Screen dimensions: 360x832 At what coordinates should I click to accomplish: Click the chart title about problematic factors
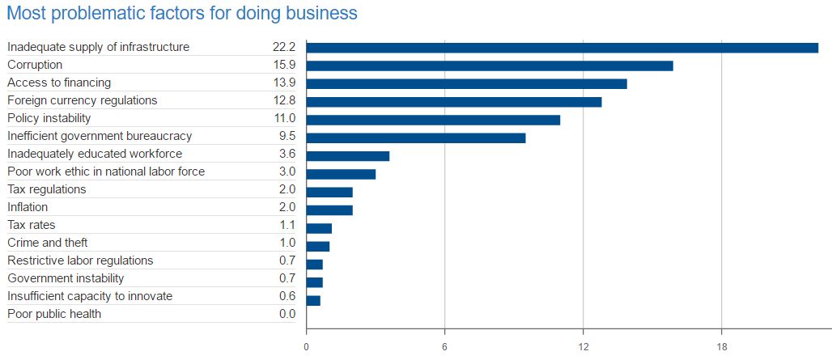click(182, 14)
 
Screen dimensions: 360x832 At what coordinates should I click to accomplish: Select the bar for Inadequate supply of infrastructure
click(562, 48)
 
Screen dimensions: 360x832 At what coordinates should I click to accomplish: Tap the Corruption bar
click(489, 66)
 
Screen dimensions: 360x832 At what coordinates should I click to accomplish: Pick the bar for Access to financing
click(466, 83)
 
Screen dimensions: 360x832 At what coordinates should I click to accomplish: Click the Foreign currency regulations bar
click(453, 101)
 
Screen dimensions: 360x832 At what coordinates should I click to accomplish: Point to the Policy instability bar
click(433, 120)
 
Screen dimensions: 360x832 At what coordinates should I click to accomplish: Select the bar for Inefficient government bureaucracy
click(415, 138)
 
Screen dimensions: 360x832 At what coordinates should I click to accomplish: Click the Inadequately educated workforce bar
click(347, 155)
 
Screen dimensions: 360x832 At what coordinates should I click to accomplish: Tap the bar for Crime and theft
click(317, 246)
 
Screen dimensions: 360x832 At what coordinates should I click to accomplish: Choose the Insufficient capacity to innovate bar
click(313, 300)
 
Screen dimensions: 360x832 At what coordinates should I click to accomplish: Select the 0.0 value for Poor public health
click(287, 314)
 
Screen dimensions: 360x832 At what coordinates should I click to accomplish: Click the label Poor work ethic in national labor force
click(106, 172)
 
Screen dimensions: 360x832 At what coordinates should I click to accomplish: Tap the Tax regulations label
click(46, 189)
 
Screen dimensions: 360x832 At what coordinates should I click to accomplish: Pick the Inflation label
click(28, 207)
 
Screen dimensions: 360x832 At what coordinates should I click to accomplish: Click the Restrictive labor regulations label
click(80, 260)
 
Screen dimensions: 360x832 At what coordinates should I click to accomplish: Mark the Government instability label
click(66, 278)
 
